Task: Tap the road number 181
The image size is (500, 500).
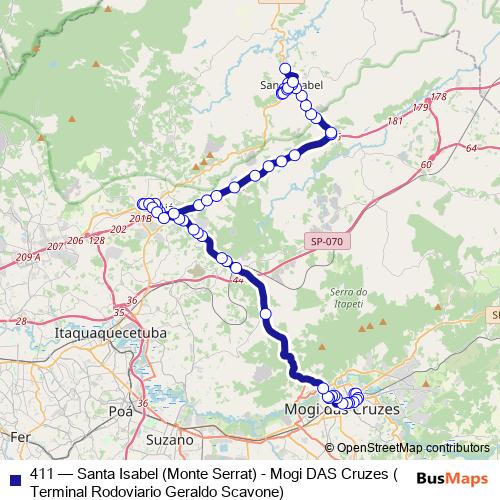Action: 396,121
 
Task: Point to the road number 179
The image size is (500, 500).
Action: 420,107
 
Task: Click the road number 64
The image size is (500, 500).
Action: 471,148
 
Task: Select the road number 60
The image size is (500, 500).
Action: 427,163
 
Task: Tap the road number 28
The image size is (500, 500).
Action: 20,321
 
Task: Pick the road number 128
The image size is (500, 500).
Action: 97,240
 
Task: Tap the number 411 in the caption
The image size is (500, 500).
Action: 43,474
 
